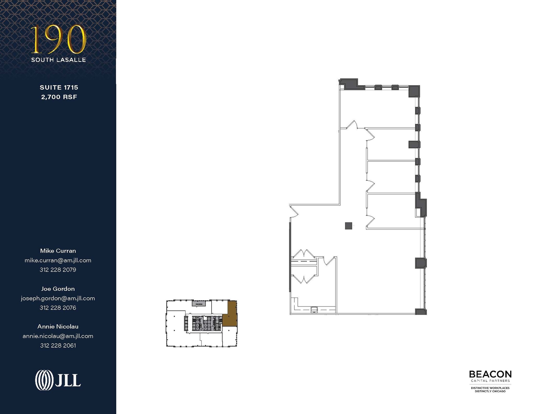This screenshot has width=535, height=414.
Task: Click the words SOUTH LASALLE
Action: tap(59, 60)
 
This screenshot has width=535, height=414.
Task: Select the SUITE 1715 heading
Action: tap(59, 87)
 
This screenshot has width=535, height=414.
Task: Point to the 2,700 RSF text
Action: tap(59, 97)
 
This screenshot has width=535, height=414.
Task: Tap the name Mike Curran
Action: tap(58, 251)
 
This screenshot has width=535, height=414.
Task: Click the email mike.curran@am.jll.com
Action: tap(58, 260)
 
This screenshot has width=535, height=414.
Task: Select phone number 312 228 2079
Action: tap(58, 270)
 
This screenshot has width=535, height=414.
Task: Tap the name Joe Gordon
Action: tap(58, 289)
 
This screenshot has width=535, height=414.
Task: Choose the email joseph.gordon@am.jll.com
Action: tap(58, 298)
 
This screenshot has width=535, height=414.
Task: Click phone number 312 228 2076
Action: tap(58, 308)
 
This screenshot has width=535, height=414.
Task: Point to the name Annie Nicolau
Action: tap(58, 326)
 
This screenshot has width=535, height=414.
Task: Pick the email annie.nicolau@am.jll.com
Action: tap(58, 336)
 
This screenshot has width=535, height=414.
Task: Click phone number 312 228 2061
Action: tap(58, 345)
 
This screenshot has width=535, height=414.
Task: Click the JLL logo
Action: tap(58, 380)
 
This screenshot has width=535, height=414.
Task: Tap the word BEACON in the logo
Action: tap(490, 374)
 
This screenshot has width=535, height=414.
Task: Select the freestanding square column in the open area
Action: tap(348, 226)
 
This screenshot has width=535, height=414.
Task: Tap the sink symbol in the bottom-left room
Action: tap(314, 310)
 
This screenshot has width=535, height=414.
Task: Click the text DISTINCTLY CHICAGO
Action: tap(490, 391)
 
